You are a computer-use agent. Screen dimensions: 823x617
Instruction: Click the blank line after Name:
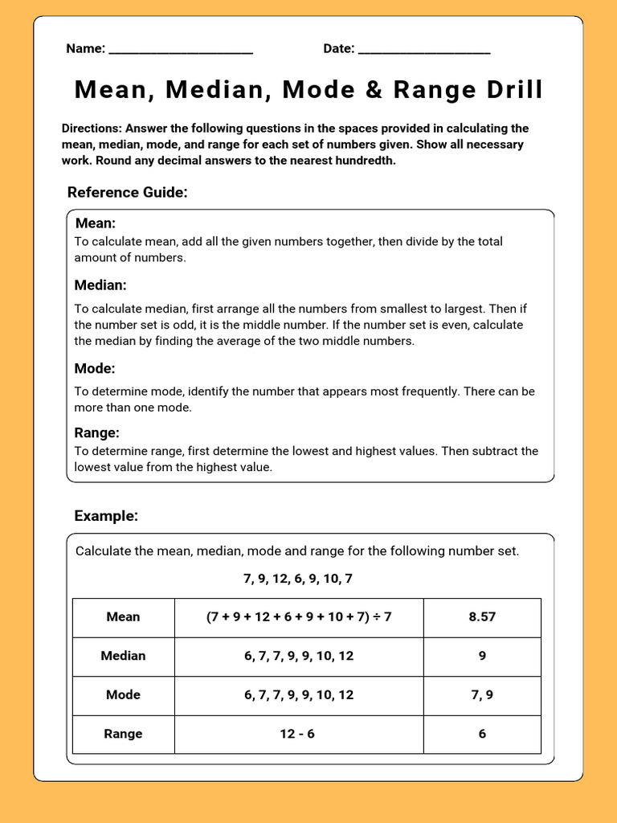[181, 51]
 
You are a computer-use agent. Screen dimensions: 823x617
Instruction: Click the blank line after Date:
[424, 51]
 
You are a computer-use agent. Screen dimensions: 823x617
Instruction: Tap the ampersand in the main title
[374, 90]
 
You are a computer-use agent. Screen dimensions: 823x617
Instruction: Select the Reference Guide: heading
[128, 192]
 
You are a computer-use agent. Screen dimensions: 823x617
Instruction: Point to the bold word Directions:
[92, 129]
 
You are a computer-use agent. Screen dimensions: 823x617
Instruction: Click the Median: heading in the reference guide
[100, 285]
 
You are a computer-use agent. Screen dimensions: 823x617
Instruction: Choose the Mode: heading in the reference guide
[95, 369]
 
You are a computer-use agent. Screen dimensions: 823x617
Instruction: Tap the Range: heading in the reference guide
[97, 433]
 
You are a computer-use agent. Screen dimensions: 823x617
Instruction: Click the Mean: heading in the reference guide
[96, 223]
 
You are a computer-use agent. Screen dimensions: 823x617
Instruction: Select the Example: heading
[106, 516]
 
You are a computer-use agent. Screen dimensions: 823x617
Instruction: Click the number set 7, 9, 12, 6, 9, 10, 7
[298, 579]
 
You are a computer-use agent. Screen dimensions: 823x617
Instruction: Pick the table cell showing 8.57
[482, 617]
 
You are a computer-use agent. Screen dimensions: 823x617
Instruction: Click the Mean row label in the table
[123, 617]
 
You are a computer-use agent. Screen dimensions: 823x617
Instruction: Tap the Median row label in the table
[123, 656]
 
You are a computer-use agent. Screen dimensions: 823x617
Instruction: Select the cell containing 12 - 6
[299, 734]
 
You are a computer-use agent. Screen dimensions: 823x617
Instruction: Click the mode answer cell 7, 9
[482, 695]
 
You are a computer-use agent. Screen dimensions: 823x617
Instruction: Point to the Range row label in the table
[123, 734]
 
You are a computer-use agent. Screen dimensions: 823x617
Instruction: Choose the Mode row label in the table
[123, 695]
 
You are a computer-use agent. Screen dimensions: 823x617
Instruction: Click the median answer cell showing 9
[482, 656]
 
